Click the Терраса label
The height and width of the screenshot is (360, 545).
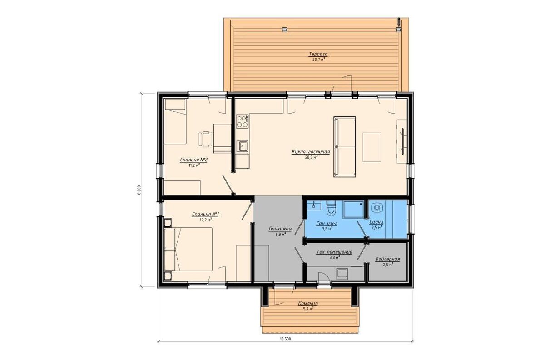318,54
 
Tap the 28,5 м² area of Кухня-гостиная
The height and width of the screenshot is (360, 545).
311,157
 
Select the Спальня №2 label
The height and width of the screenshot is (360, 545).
193,160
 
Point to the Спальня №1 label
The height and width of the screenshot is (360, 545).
206,215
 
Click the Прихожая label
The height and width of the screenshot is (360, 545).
280,229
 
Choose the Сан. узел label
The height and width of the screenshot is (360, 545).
327,223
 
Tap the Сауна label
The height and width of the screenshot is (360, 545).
377,222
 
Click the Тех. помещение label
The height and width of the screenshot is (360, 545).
334,252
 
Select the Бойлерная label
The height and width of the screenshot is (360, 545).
387,259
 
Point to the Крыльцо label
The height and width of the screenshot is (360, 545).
308,304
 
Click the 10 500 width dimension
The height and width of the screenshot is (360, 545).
285,339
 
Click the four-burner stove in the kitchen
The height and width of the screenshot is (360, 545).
243,121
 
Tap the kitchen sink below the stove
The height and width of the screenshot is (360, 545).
243,146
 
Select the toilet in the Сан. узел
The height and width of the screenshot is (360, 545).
331,209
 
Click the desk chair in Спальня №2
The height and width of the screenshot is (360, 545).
205,139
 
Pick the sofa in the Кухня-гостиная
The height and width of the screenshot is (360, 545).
344,147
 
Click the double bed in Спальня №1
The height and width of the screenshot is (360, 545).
188,249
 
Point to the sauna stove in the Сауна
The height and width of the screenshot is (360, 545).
377,208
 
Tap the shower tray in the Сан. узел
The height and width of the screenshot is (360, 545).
353,209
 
